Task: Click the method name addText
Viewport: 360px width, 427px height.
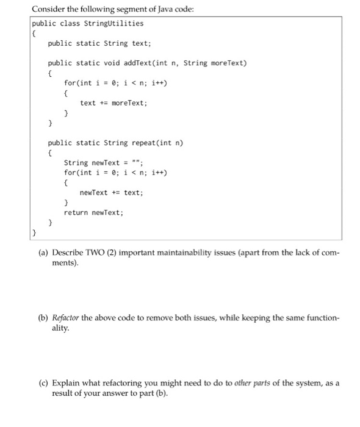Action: point(137,63)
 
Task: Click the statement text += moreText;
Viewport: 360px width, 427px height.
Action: point(113,102)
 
